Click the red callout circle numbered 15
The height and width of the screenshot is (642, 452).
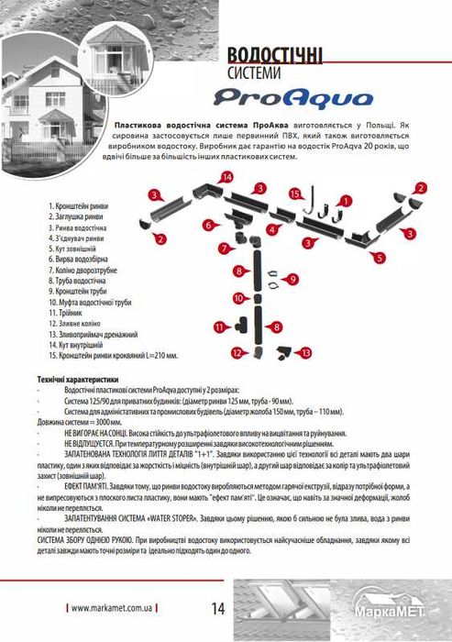point(295,194)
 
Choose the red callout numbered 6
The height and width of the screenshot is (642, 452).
point(209,225)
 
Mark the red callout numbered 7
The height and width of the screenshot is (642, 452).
point(224,248)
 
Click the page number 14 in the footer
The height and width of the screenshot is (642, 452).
point(218,607)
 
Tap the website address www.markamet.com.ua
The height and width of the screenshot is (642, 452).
point(112,608)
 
